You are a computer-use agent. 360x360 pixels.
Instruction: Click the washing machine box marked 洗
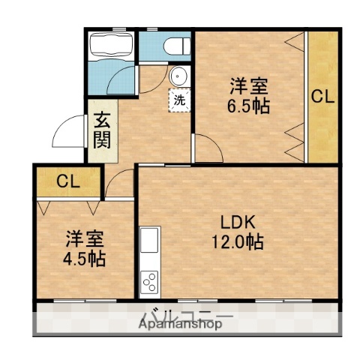pos(180,98)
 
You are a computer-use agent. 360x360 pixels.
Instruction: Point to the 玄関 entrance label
pos(102,130)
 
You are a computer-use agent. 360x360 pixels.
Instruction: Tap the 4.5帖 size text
pos(84,259)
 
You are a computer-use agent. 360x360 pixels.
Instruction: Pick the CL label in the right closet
pos(322,96)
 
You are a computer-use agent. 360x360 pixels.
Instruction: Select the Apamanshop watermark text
pos(180,325)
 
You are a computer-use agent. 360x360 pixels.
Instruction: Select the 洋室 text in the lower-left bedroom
pos(84,240)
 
